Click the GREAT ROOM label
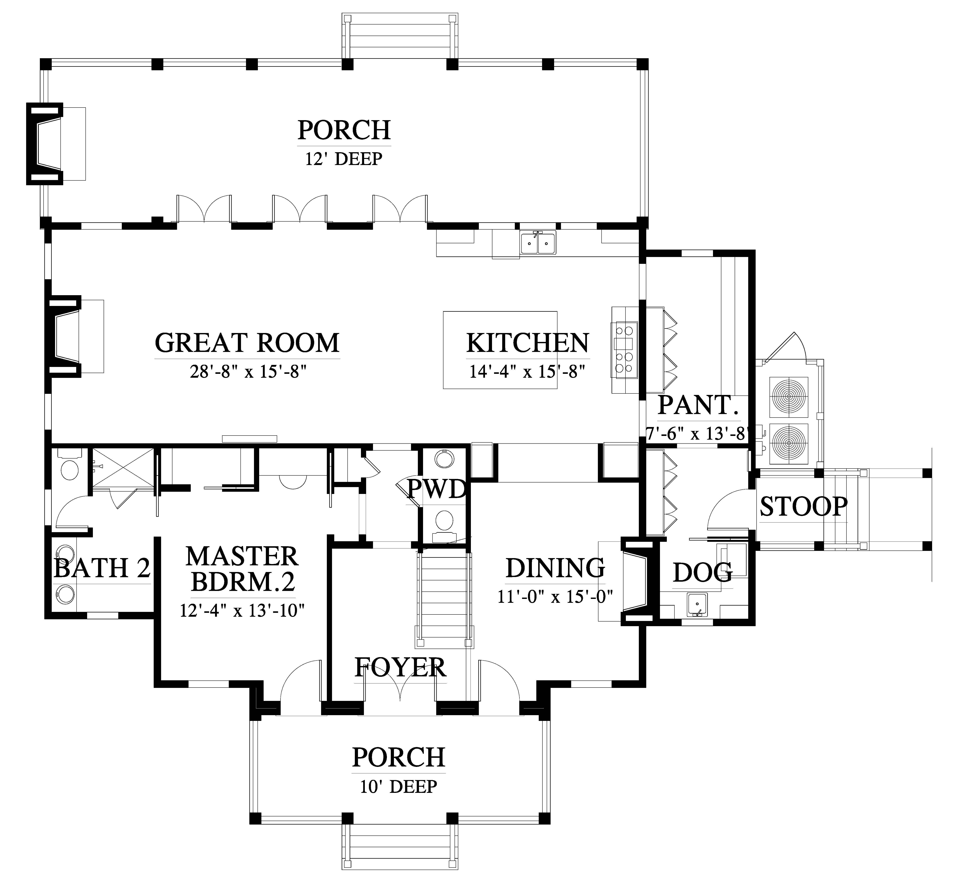pos(247,343)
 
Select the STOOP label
pos(803,507)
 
